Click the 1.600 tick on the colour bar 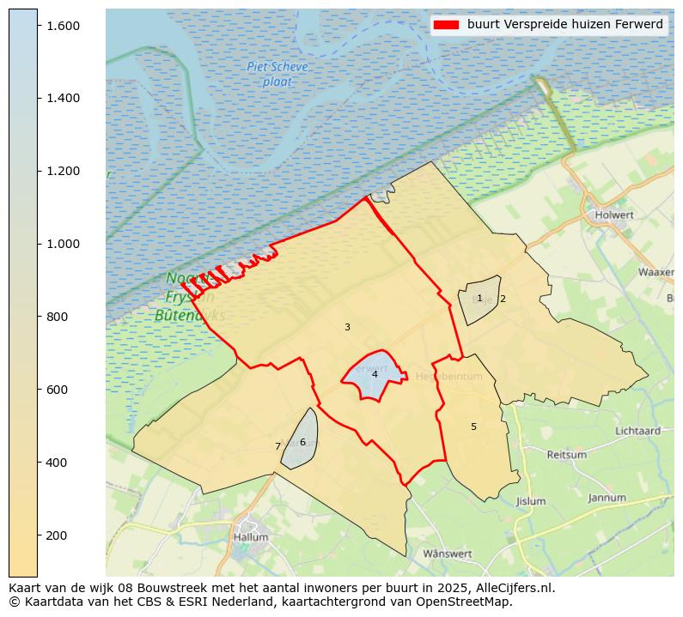pyautogui.click(x=63, y=26)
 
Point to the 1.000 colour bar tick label pyautogui.click(x=63, y=244)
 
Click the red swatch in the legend pyautogui.click(x=447, y=25)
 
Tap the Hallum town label pyautogui.click(x=251, y=537)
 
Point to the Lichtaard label pyautogui.click(x=637, y=431)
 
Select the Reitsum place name pyautogui.click(x=567, y=455)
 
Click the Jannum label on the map pyautogui.click(x=607, y=498)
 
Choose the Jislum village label pyautogui.click(x=531, y=501)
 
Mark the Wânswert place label pyautogui.click(x=448, y=553)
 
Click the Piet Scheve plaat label pyautogui.click(x=277, y=75)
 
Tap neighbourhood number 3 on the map pyautogui.click(x=347, y=327)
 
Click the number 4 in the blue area pyautogui.click(x=375, y=374)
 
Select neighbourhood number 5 pyautogui.click(x=473, y=426)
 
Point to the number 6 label pyautogui.click(x=302, y=442)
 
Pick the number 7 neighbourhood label pyautogui.click(x=277, y=446)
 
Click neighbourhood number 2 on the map pyautogui.click(x=503, y=299)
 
